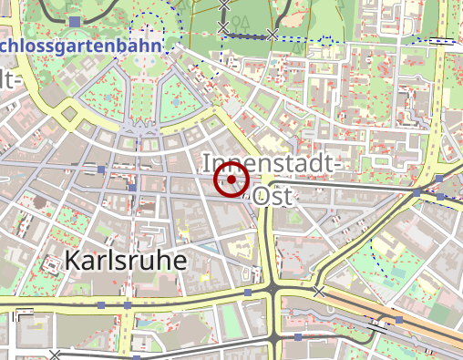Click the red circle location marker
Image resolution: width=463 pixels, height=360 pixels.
tap(231, 180)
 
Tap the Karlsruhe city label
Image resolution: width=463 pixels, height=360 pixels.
tap(126, 261)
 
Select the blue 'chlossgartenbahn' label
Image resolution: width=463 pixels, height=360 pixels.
tap(82, 45)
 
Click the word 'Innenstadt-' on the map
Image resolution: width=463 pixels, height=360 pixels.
tap(272, 164)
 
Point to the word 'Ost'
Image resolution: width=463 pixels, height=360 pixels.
tap(275, 196)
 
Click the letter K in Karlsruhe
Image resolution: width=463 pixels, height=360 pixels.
tap(72, 261)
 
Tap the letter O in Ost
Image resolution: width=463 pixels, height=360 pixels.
tap(262, 196)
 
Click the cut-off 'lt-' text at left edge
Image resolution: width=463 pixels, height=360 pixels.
tap(9, 80)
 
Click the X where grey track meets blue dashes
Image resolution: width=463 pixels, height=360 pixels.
tap(272, 35)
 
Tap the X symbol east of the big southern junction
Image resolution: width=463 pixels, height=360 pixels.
tap(318, 292)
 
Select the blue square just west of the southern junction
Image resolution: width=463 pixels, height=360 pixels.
tap(248, 293)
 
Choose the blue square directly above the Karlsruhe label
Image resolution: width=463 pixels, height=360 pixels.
tap(132, 187)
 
